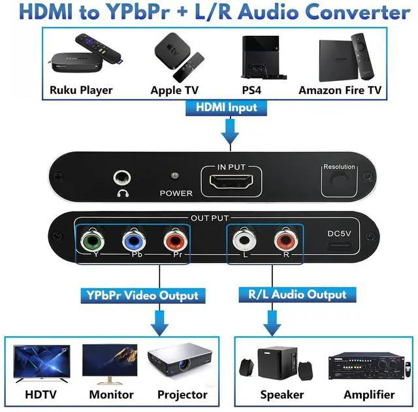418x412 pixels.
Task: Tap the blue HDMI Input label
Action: click(228, 107)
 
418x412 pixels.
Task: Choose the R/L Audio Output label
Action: click(297, 294)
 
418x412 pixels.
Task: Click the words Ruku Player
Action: click(81, 90)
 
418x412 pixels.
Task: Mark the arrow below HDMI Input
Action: click(228, 133)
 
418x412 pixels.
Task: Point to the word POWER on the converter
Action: click(176, 193)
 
